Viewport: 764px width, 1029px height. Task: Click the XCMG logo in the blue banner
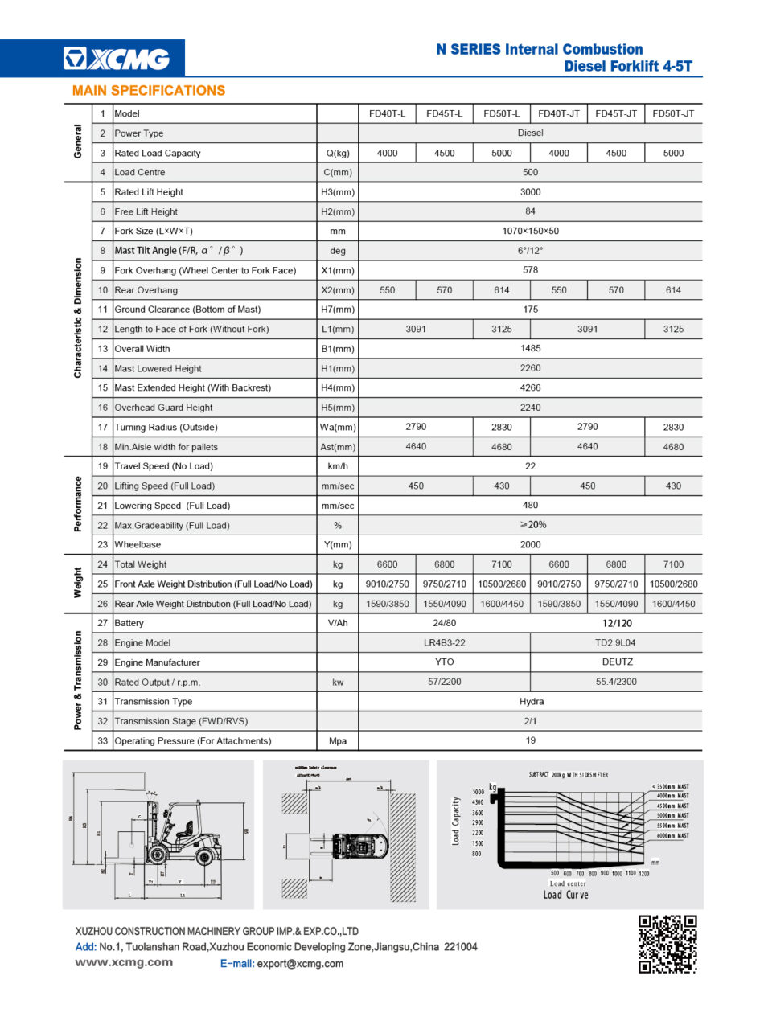(117, 59)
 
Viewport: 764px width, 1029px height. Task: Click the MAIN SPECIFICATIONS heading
(149, 91)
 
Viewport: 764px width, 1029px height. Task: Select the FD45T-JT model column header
(616, 114)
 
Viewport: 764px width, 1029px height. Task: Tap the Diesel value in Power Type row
(530, 133)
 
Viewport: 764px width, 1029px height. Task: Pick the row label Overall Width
(142, 349)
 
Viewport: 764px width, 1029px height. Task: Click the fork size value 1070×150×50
(530, 232)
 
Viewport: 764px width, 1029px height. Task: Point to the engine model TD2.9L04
(616, 643)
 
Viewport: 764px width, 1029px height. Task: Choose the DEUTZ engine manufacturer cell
(617, 662)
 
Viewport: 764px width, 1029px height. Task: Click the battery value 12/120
(617, 623)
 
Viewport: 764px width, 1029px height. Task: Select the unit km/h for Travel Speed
(338, 466)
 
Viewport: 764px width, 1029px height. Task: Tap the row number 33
(102, 741)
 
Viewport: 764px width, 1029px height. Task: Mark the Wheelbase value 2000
(530, 545)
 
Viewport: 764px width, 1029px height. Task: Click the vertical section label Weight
(78, 584)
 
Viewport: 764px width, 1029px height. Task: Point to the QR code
(667, 944)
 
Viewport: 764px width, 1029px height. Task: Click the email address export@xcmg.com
(300, 964)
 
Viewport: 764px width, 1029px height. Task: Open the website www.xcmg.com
(124, 963)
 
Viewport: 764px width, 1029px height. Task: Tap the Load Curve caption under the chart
(566, 895)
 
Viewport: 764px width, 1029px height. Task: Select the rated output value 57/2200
(444, 683)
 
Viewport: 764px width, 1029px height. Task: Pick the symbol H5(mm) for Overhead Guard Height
(338, 408)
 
